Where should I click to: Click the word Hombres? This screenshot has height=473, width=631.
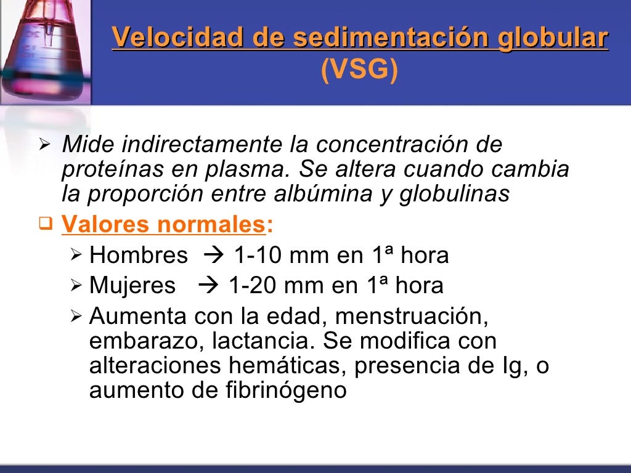pyautogui.click(x=139, y=256)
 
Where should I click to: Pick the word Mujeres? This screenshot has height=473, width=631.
pyautogui.click(x=132, y=286)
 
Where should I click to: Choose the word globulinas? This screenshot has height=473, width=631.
pyautogui.click(x=454, y=194)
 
